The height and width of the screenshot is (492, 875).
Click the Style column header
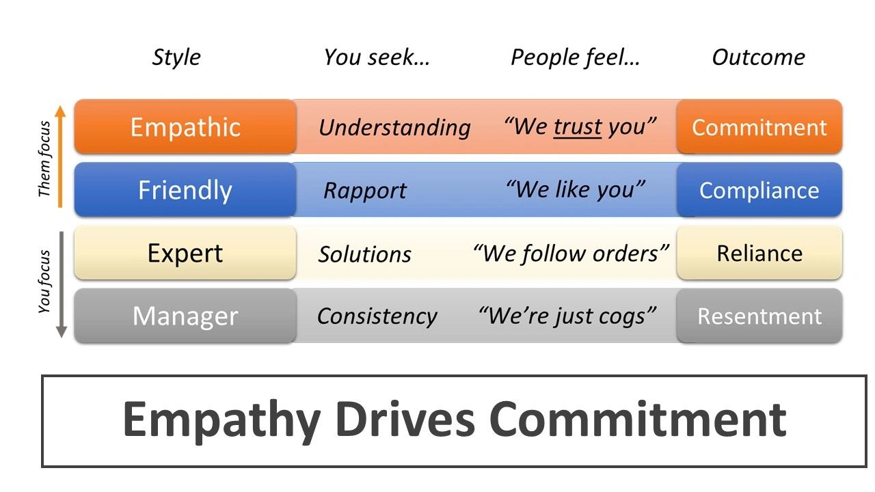[176, 58]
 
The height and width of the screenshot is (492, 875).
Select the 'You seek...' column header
[377, 57]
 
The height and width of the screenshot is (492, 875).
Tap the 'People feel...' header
[575, 57]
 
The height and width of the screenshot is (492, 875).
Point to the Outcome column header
[758, 57]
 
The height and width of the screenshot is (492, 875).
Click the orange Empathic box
[185, 126]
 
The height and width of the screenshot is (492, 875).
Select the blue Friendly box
[185, 190]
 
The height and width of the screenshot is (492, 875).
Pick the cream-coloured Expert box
[185, 253]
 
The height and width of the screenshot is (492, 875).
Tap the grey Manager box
[185, 316]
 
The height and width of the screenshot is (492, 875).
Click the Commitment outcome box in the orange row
[759, 126]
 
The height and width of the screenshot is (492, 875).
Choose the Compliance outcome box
[759, 190]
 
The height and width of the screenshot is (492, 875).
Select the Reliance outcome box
[759, 253]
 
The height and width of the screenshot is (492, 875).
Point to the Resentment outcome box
[759, 316]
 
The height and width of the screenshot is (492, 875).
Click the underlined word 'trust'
[578, 127]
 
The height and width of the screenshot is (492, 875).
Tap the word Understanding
[394, 128]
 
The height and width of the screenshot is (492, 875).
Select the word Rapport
[365, 191]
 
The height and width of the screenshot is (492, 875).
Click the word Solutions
[364, 254]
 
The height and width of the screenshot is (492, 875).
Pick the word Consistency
[377, 316]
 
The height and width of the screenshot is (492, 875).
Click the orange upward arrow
[59, 156]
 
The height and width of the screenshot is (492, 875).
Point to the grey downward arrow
[62, 285]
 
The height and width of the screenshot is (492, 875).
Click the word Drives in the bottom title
[405, 420]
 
